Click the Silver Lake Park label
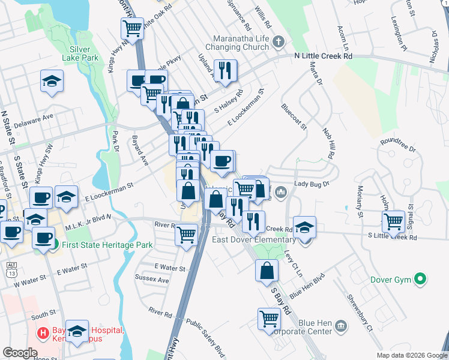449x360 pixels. click(79, 53)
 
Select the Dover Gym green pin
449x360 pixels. click(421, 279)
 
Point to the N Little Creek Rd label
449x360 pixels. click(323, 56)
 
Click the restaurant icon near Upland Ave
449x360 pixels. click(225, 70)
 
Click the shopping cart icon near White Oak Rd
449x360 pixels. click(132, 28)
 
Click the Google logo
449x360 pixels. click(19, 353)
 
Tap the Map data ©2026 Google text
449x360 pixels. click(411, 355)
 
